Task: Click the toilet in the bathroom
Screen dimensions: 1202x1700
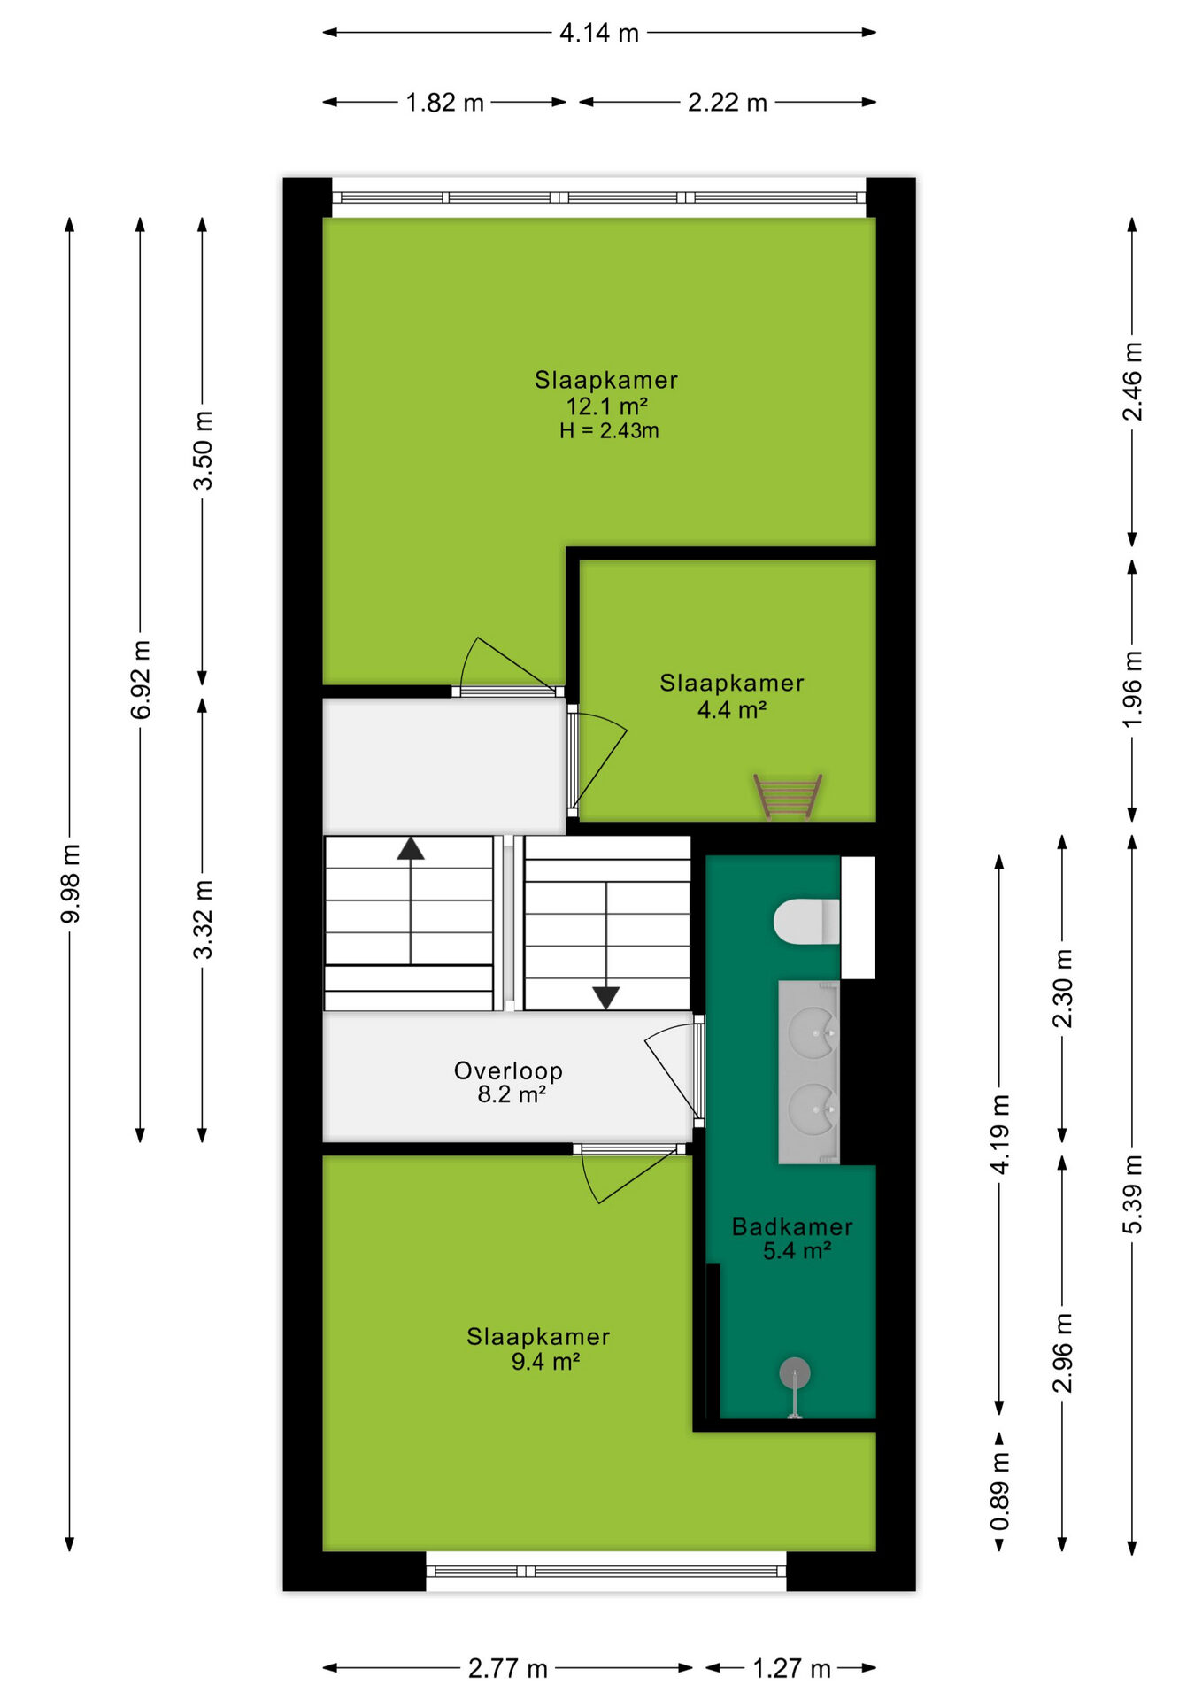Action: (806, 922)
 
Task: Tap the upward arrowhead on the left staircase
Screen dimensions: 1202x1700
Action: (411, 848)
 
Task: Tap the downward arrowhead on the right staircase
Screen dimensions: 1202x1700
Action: (606, 998)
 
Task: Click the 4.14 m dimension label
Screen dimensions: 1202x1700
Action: (599, 33)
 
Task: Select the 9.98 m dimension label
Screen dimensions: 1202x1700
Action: (70, 884)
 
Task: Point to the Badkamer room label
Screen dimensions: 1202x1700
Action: (792, 1226)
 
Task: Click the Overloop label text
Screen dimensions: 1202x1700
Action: (508, 1070)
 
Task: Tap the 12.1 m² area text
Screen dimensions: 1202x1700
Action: (607, 406)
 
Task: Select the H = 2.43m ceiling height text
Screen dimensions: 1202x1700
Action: (609, 431)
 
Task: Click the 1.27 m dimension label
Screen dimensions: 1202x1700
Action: (791, 1669)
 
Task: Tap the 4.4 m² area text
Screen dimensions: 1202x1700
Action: (732, 709)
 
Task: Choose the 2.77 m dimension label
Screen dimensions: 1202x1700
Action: (508, 1669)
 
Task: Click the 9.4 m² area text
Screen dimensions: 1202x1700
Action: (545, 1361)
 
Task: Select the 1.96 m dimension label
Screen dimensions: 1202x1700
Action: (1132, 688)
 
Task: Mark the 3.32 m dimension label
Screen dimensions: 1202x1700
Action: (203, 919)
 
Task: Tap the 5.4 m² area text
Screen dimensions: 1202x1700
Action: (797, 1250)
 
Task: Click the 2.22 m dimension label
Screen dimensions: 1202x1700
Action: (728, 103)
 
